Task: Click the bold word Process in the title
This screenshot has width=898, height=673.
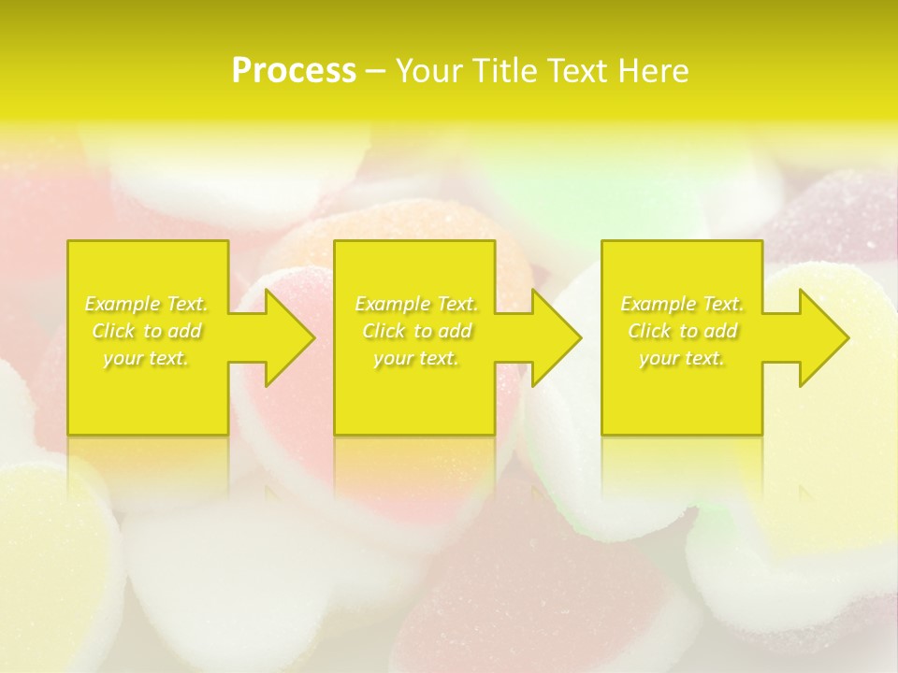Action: pos(294,71)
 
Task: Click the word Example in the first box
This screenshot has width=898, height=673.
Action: pos(123,304)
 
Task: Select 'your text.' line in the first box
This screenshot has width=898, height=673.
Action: pos(146,358)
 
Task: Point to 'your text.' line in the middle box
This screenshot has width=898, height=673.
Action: pos(416,358)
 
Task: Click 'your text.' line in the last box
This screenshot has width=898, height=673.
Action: pos(682,358)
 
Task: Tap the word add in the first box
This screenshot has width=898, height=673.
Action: pos(186,331)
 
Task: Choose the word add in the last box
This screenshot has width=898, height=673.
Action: pos(721,331)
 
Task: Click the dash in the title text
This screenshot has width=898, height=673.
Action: pos(375,72)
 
